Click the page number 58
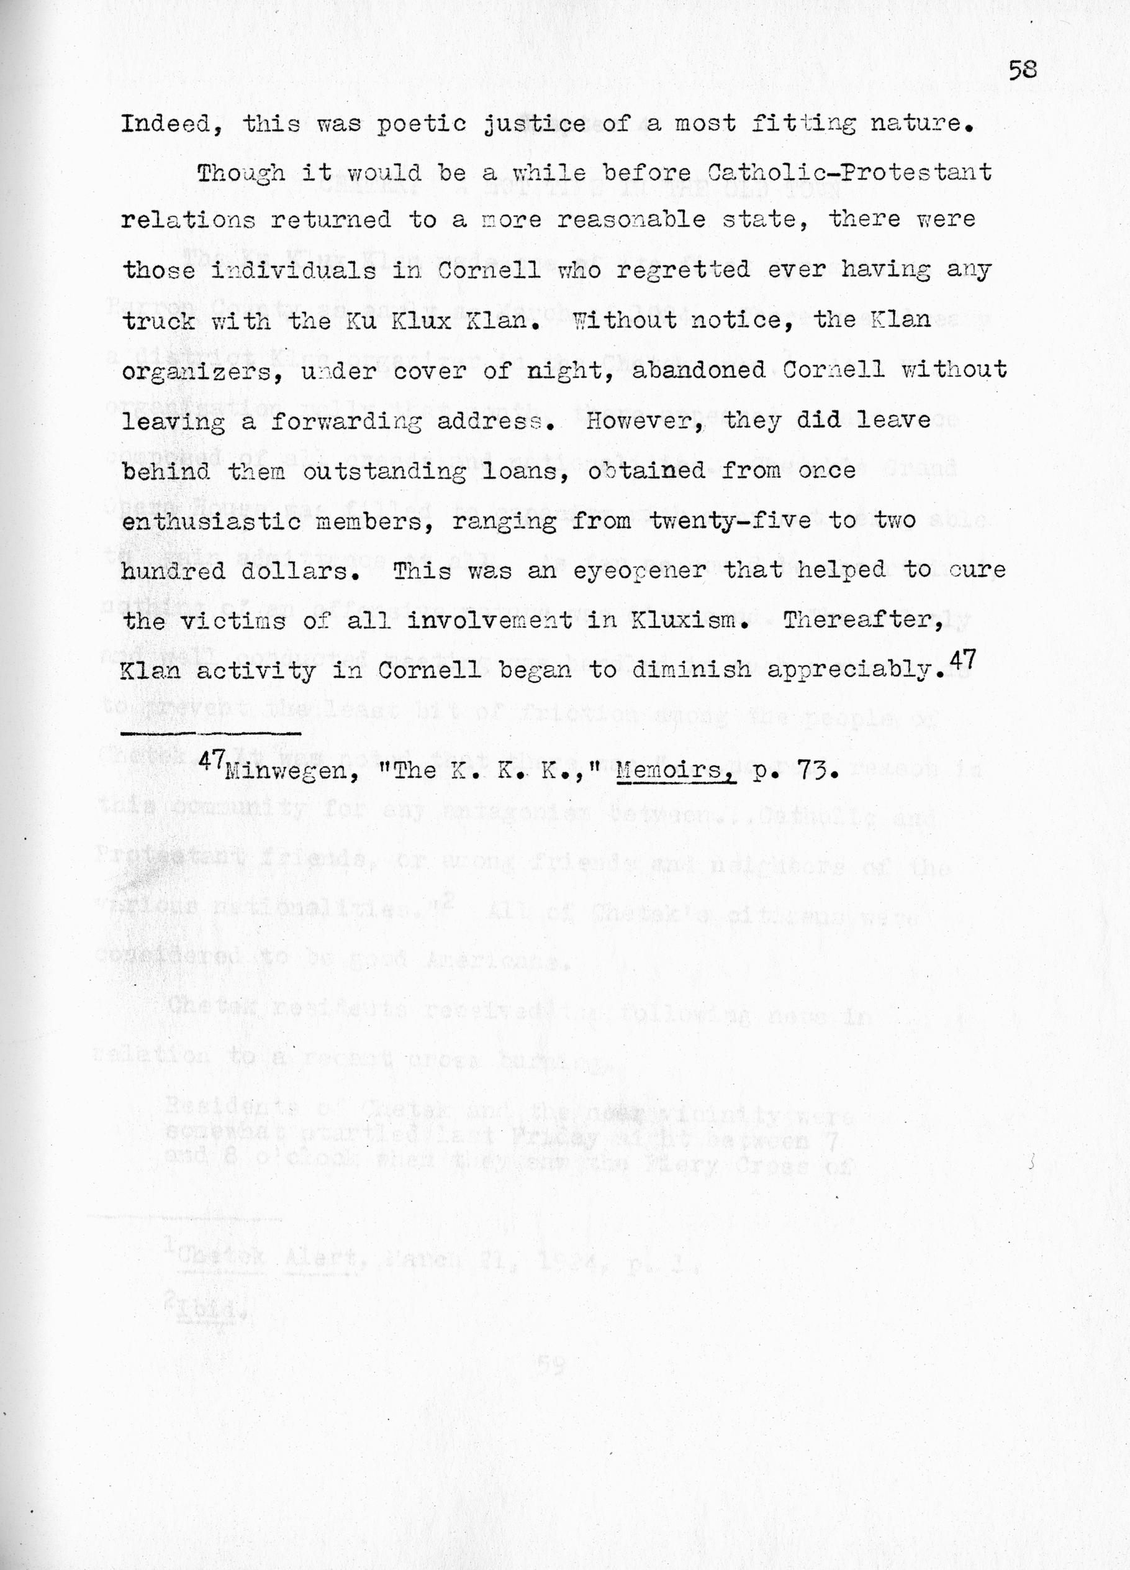[x=1022, y=70]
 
